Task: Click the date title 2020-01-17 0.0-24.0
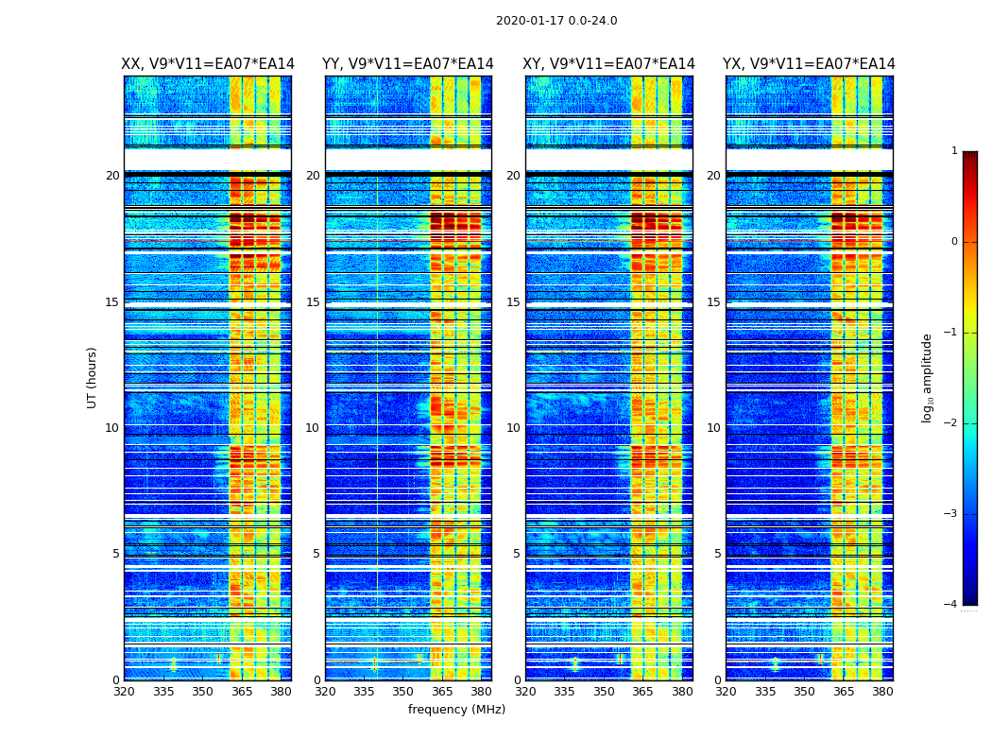pyautogui.click(x=556, y=21)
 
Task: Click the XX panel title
pyautogui.click(x=208, y=64)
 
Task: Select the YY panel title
pyautogui.click(x=408, y=64)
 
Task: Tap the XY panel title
pyautogui.click(x=609, y=64)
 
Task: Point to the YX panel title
pyautogui.click(x=809, y=64)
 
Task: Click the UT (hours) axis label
pyautogui.click(x=93, y=377)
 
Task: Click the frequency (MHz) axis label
pyautogui.click(x=456, y=710)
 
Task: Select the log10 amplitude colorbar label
pyautogui.click(x=928, y=377)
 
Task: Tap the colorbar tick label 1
pyautogui.click(x=954, y=151)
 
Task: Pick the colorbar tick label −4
pyautogui.click(x=951, y=605)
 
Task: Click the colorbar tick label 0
pyautogui.click(x=954, y=242)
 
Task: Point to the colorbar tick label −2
pyautogui.click(x=951, y=423)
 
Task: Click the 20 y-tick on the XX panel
pyautogui.click(x=112, y=176)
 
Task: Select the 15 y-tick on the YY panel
pyautogui.click(x=313, y=302)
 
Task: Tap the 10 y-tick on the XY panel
pyautogui.click(x=513, y=428)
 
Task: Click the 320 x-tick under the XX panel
pyautogui.click(x=124, y=692)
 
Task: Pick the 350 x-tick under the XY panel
pyautogui.click(x=604, y=692)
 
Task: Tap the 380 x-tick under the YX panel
pyautogui.click(x=882, y=692)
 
